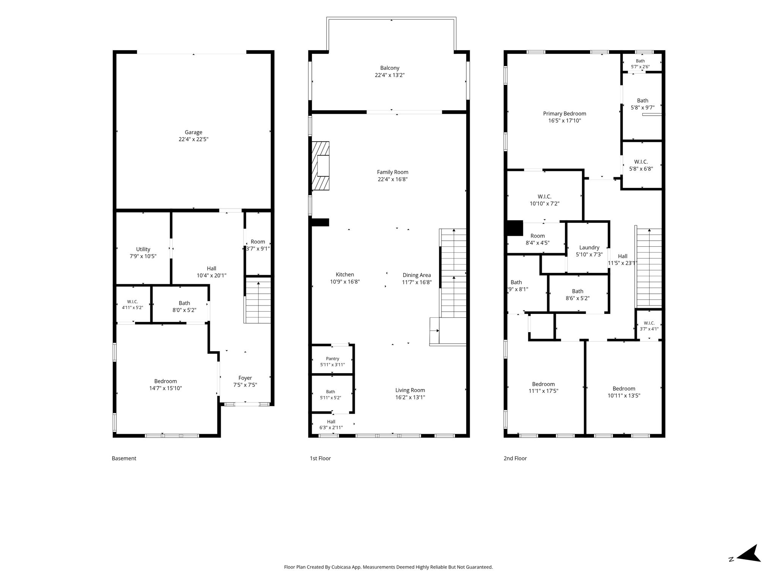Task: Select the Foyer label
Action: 245,378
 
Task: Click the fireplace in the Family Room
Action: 320,166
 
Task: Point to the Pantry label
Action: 333,359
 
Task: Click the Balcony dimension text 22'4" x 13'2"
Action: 390,75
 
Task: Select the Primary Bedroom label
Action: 565,113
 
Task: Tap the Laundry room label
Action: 589,247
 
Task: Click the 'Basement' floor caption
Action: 124,458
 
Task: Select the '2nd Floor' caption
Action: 515,458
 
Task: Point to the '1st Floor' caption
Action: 320,458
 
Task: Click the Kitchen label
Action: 345,274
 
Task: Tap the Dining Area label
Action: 417,275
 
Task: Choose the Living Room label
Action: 410,390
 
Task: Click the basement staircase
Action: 258,300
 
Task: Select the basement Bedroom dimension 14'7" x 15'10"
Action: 165,388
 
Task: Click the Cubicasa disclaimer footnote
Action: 388,567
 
